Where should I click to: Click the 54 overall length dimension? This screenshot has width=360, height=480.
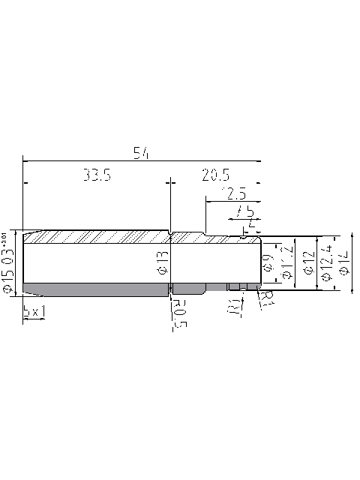click(x=142, y=153)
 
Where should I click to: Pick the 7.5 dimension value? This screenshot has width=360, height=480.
click(x=244, y=211)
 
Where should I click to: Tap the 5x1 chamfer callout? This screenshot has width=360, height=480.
click(x=34, y=310)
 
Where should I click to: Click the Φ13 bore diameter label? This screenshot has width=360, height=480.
click(x=162, y=262)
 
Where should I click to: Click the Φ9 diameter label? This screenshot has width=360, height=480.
click(x=268, y=262)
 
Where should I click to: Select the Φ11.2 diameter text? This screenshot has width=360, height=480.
click(x=286, y=262)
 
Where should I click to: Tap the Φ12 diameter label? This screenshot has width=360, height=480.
click(x=307, y=262)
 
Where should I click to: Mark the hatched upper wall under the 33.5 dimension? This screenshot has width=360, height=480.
click(x=97, y=236)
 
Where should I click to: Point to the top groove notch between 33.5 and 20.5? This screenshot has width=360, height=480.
click(x=172, y=233)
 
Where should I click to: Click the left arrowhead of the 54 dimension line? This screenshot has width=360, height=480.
click(x=26, y=160)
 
